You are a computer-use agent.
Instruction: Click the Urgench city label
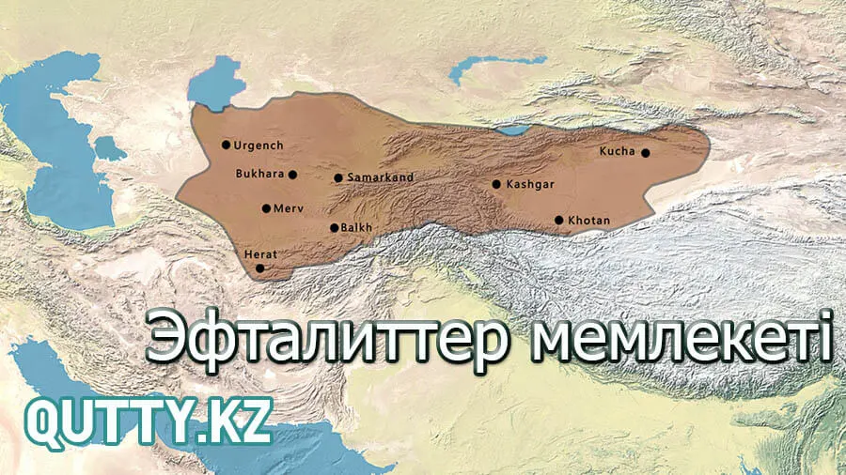tap(258, 146)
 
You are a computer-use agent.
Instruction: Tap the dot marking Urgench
tap(226, 145)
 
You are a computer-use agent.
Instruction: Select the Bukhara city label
tap(260, 174)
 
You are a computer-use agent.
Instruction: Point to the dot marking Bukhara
tap(293, 175)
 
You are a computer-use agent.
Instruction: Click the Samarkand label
tap(381, 177)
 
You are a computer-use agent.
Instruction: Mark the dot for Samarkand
tap(338, 177)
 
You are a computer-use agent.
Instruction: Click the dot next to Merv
tap(267, 208)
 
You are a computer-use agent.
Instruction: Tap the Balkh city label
tap(358, 227)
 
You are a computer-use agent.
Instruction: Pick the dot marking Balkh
tap(334, 227)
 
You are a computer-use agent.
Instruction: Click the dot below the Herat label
tap(260, 268)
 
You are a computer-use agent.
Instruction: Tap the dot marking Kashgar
tap(496, 184)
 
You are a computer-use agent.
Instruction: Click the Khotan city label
tap(589, 221)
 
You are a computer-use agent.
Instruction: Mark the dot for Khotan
tap(559, 221)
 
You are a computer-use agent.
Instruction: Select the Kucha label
tap(618, 151)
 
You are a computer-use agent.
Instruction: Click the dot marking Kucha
tap(646, 152)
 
